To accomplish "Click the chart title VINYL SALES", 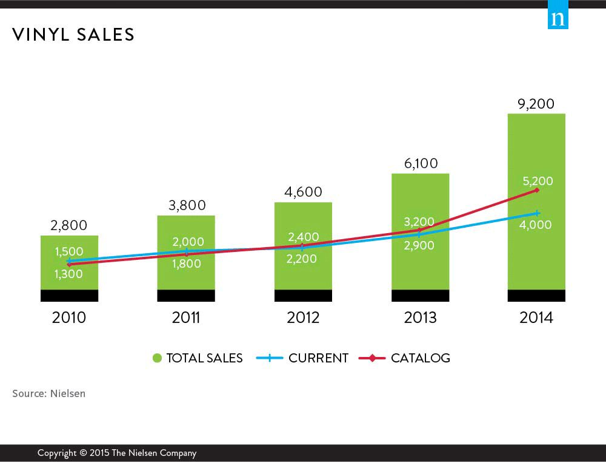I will click(x=73, y=35).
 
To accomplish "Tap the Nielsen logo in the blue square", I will click(x=558, y=19).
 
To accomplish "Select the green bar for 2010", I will click(x=69, y=279).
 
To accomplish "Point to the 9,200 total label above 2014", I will click(x=536, y=104).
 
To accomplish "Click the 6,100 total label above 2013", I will click(x=420, y=163).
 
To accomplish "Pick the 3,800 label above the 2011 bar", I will click(x=186, y=205).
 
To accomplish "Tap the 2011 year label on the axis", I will click(x=186, y=318).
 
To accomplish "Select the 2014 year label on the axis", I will click(x=536, y=318).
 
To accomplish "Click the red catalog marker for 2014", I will click(x=537, y=190).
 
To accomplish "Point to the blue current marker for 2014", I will click(x=537, y=213).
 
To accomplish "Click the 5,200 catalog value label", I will click(x=536, y=180).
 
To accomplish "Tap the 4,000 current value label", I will click(x=536, y=225).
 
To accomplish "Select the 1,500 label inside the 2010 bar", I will click(x=69, y=251).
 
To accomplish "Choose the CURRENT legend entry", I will click(x=318, y=358).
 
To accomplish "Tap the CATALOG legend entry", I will click(x=420, y=358).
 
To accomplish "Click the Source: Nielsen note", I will click(x=49, y=393).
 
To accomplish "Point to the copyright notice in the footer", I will click(x=117, y=453).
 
